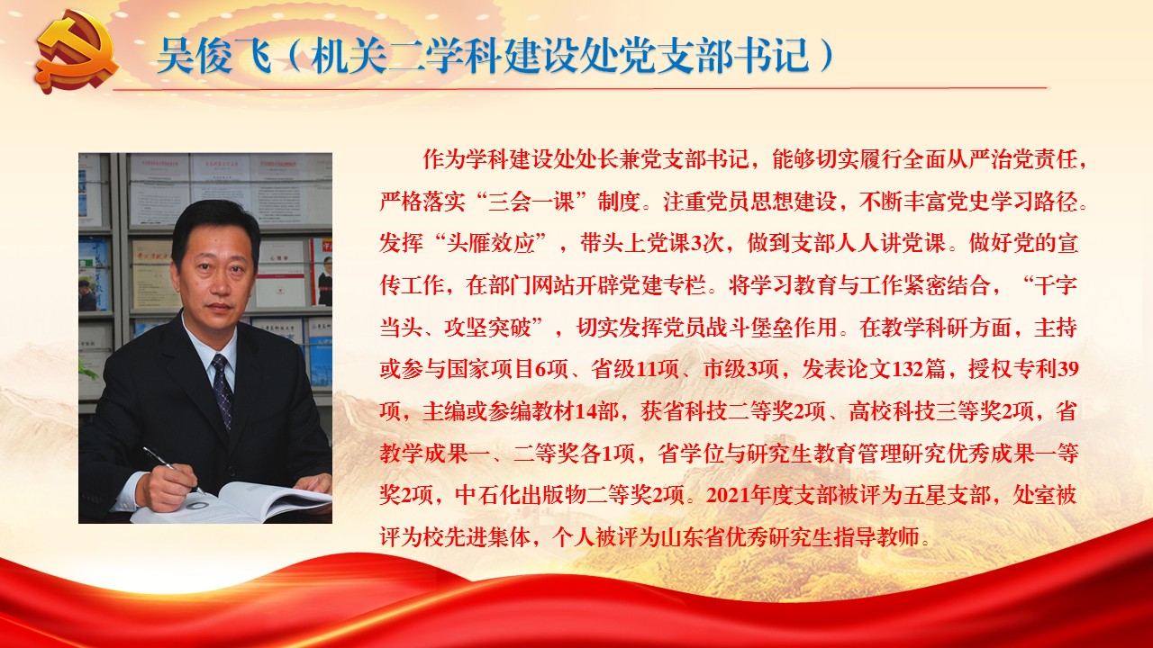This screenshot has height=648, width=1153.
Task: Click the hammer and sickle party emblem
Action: click(77, 53)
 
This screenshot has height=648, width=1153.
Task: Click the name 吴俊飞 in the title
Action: click(214, 56)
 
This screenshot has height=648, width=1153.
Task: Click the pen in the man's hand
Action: click(173, 469)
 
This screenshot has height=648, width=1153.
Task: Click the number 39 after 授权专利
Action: click(1067, 370)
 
